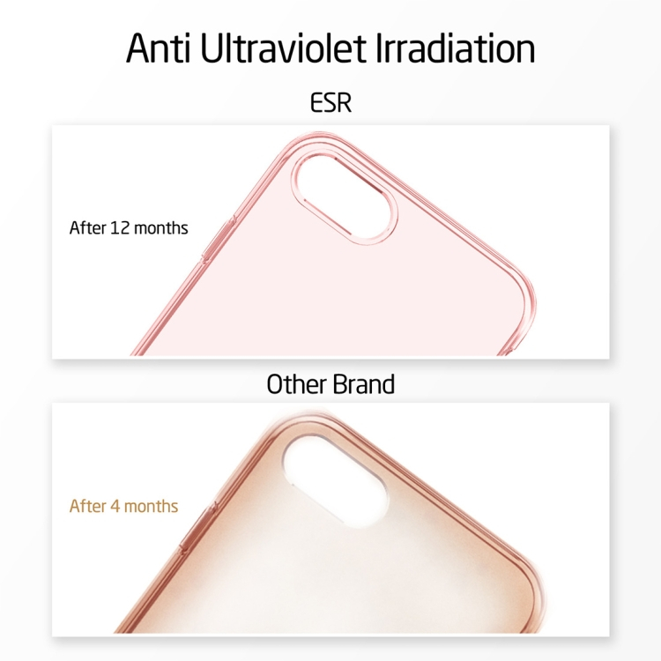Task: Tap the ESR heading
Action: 330,103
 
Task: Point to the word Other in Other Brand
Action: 296,384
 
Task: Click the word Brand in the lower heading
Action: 362,384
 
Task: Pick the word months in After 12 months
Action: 162,228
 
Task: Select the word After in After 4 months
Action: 88,507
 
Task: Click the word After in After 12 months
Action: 87,228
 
